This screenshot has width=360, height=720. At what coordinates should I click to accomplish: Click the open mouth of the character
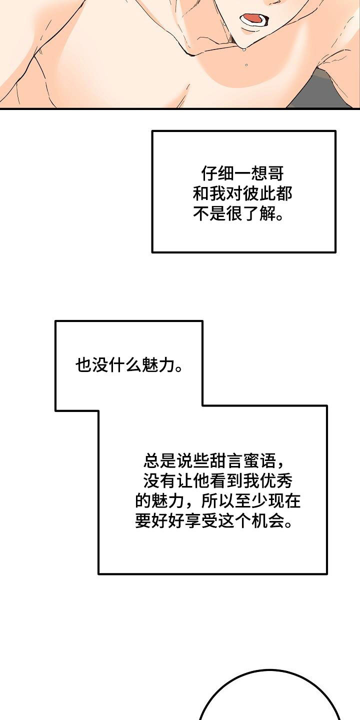pyautogui.click(x=252, y=19)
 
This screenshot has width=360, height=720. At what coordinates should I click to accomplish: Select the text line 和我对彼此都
pyautogui.click(x=242, y=194)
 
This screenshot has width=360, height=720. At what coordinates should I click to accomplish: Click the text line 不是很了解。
pyautogui.click(x=238, y=215)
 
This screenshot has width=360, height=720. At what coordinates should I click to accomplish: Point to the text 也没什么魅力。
pyautogui.click(x=128, y=365)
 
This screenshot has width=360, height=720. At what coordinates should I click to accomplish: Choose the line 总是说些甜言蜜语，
pyautogui.click(x=215, y=459)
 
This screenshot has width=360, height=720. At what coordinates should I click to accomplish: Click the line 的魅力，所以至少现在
pyautogui.click(x=218, y=501)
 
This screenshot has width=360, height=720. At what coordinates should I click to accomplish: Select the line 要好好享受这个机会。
pyautogui.click(x=213, y=522)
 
